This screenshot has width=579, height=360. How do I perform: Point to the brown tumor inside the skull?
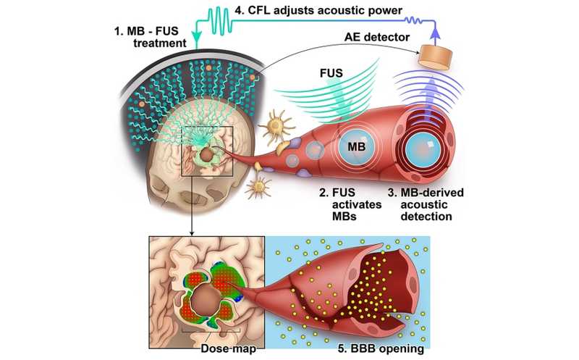click(207, 154)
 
